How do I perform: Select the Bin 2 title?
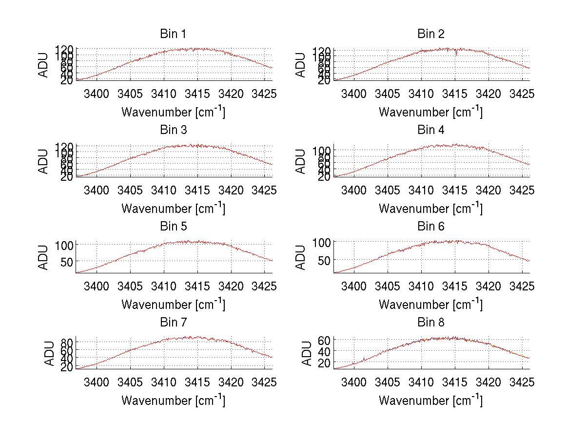[430, 34]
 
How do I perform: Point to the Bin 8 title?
[430, 323]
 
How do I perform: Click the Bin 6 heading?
[430, 227]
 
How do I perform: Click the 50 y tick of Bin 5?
[66, 262]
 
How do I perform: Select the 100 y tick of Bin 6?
[322, 242]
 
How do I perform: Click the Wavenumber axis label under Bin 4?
[430, 208]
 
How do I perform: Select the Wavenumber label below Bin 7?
[173, 400]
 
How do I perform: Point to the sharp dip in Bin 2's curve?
[456, 54]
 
